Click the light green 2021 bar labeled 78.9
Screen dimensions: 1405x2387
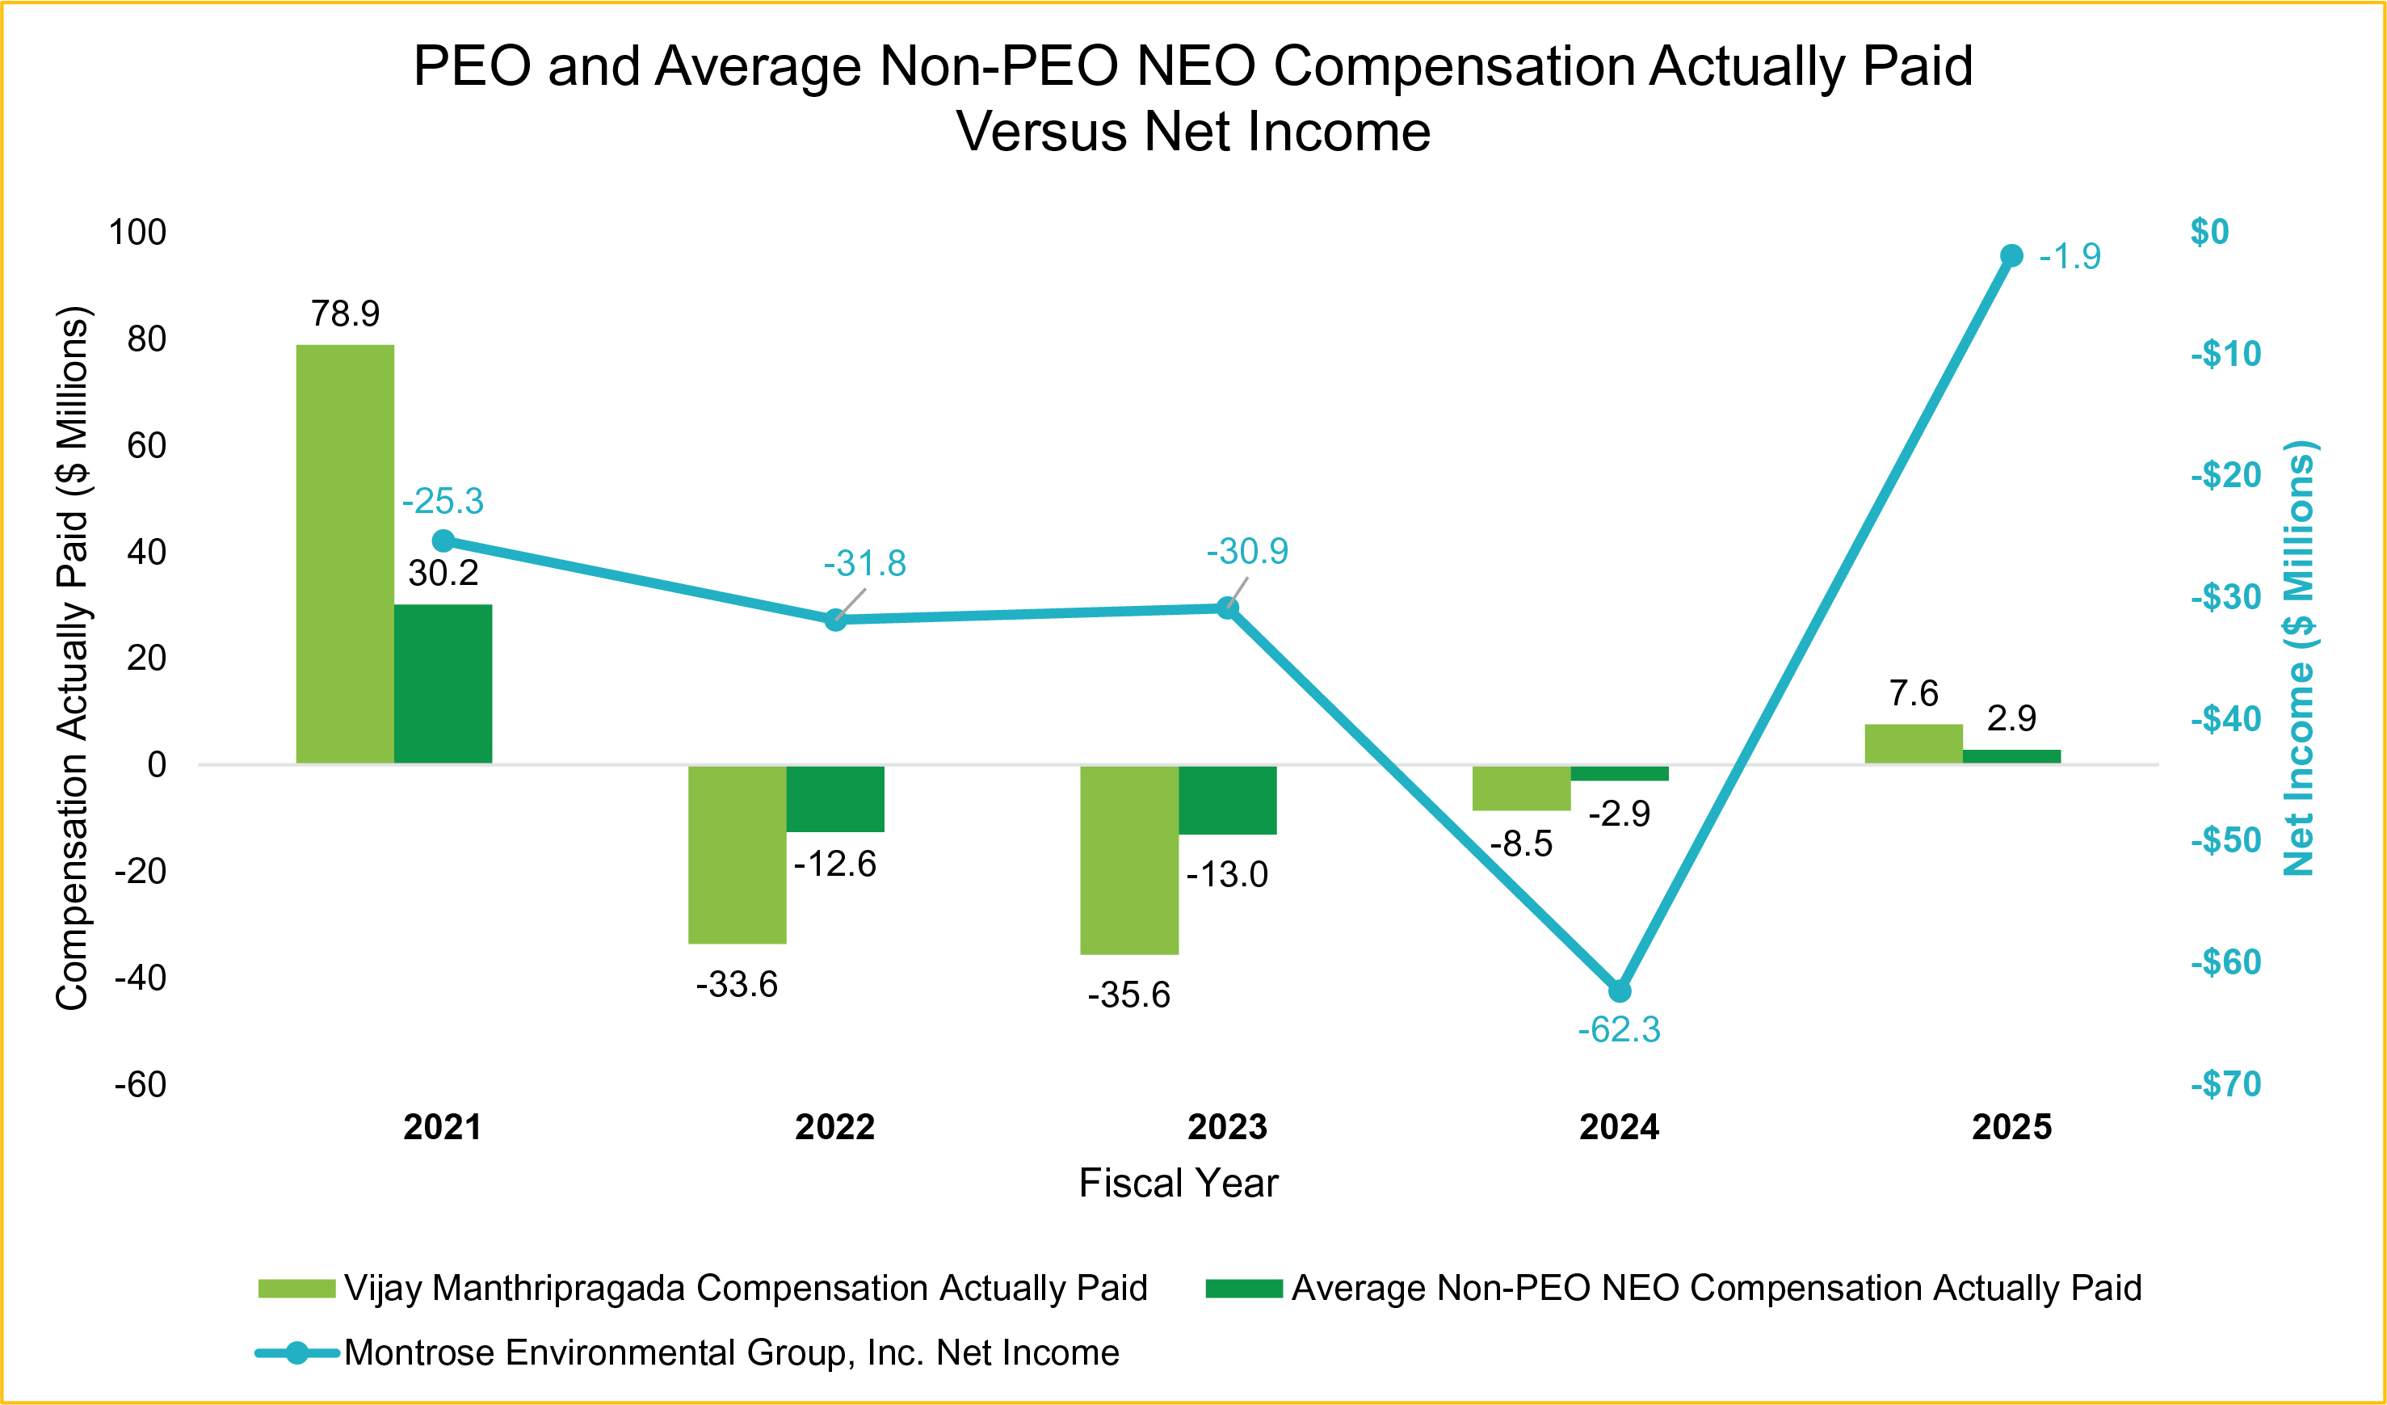tap(345, 553)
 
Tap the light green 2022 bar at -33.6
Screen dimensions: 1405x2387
tap(737, 854)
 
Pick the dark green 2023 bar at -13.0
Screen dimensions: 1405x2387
tap(1228, 800)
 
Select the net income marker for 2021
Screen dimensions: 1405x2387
tap(443, 541)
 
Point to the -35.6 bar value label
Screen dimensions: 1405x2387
tap(1129, 995)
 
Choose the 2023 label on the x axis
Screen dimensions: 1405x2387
tap(1228, 1127)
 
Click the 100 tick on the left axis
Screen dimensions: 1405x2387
tap(137, 232)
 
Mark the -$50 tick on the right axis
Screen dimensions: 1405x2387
tap(2226, 840)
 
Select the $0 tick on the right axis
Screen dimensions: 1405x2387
tap(2210, 232)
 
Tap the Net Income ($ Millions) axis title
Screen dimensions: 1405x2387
tap(2299, 658)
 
